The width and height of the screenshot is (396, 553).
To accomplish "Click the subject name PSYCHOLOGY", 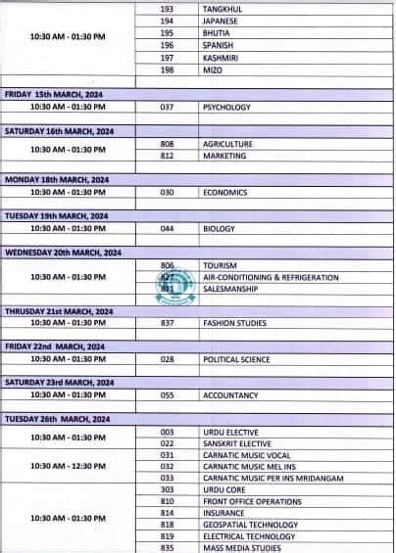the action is pyautogui.click(x=226, y=107).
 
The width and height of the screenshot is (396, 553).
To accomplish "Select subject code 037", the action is pyautogui.click(x=167, y=107).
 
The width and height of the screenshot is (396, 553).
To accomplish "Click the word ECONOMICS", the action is pyautogui.click(x=225, y=193).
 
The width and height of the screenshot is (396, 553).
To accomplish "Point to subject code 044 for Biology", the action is pyautogui.click(x=167, y=228).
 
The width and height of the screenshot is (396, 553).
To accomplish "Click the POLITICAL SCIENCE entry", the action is pyautogui.click(x=236, y=359).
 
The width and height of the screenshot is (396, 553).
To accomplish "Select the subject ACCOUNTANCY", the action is pyautogui.click(x=230, y=395).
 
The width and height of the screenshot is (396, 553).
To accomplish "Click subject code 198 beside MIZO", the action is pyautogui.click(x=167, y=69).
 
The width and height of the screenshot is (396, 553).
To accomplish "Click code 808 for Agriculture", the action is pyautogui.click(x=167, y=144).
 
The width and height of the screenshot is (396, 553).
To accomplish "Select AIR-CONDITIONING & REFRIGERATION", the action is pyautogui.click(x=271, y=277).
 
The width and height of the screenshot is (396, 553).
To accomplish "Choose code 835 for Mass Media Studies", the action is pyautogui.click(x=167, y=547).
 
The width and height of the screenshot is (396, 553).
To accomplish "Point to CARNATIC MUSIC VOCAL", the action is pyautogui.click(x=246, y=454).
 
